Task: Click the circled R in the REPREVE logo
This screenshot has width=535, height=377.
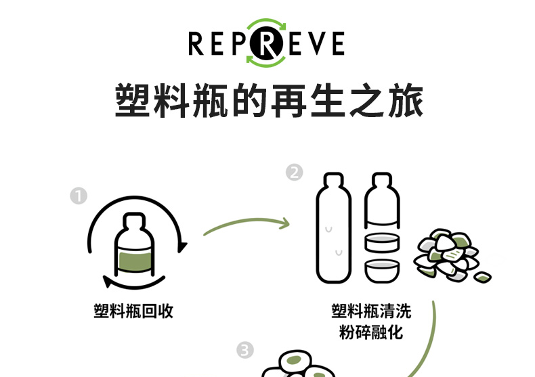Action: [x=266, y=43]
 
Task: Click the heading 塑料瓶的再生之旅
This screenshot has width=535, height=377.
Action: [x=269, y=102]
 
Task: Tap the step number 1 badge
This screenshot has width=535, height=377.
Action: [x=79, y=196]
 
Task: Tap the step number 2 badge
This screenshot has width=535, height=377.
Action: [x=294, y=173]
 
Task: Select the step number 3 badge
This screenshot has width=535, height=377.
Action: [x=245, y=351]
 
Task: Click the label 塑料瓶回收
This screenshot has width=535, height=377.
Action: [x=133, y=311]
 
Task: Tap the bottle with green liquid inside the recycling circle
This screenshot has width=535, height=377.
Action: [x=133, y=247]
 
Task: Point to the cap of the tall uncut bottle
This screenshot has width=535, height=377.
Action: [x=333, y=181]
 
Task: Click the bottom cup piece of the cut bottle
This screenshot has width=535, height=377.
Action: [x=381, y=269]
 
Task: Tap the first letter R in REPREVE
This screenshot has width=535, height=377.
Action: [x=196, y=44]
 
